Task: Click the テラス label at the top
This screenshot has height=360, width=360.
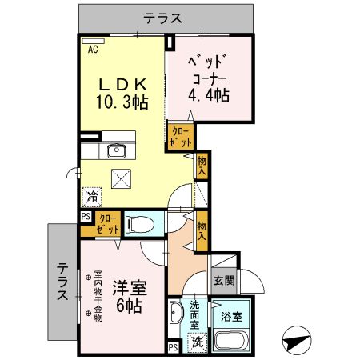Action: pos(163,17)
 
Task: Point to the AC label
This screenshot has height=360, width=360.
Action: pos(93,48)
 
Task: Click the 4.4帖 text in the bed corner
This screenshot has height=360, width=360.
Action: pos(208,95)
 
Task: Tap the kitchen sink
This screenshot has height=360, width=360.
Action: pos(117,150)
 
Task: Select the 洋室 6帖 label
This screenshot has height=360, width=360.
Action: pos(127,295)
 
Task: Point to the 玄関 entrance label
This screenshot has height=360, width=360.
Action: pos(223,280)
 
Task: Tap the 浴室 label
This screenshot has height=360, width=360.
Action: pos(232,316)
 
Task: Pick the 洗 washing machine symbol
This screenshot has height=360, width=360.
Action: pos(196,342)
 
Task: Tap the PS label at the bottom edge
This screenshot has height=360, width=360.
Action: pos(173,346)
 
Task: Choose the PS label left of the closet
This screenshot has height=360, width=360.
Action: pos(85,216)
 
